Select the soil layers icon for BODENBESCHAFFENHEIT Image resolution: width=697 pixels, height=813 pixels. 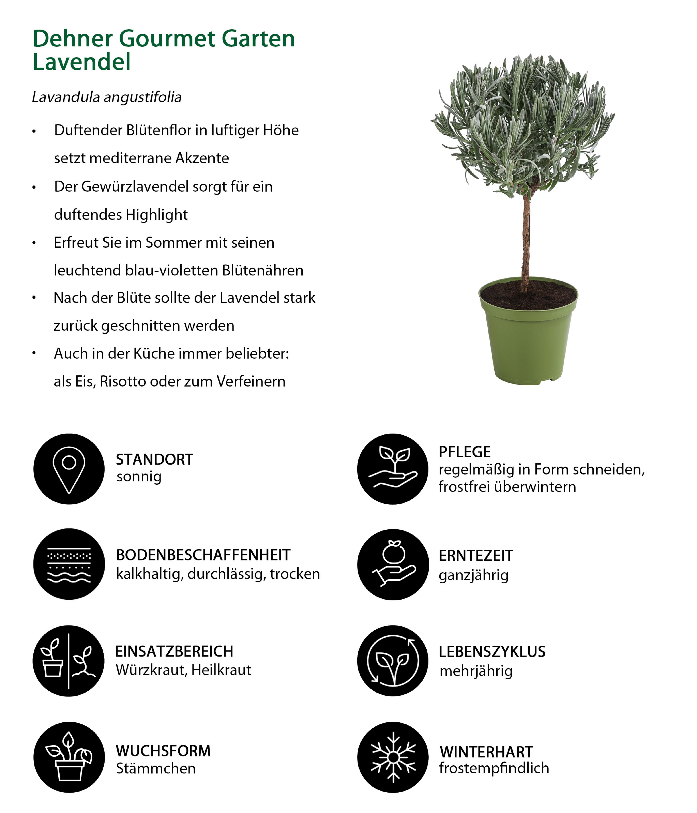pyautogui.click(x=69, y=564)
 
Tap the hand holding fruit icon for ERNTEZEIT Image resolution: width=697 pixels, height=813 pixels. pyautogui.click(x=393, y=564)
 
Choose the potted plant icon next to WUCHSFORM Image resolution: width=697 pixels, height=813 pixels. pyautogui.click(x=69, y=757)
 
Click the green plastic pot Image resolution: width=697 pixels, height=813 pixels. pyautogui.click(x=528, y=345)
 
